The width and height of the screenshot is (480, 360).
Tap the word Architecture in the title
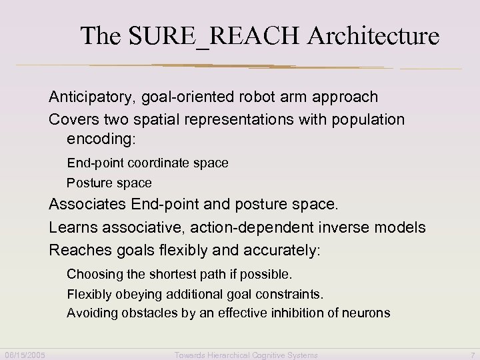(373, 36)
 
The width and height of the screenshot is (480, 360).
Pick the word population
(369, 120)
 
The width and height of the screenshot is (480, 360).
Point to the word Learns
(70, 228)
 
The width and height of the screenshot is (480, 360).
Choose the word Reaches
(75, 251)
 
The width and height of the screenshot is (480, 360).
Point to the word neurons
(367, 313)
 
